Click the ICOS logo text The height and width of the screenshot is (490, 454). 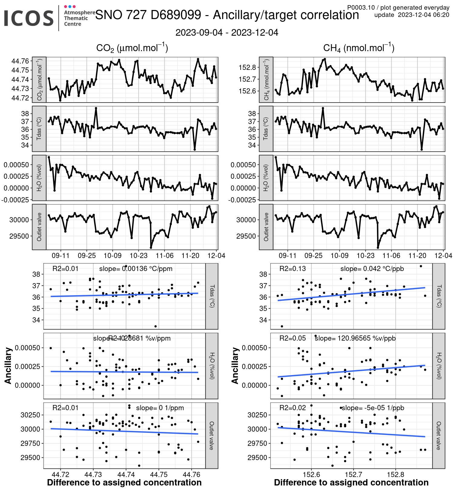coord(29,18)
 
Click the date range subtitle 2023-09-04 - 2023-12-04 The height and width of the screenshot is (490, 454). coord(227,32)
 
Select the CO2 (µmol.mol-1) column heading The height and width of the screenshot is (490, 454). coord(132,48)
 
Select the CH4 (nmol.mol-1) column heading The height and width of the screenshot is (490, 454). coord(359,48)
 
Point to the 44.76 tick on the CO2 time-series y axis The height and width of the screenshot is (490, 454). coord(20,61)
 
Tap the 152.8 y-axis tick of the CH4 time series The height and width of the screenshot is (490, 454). coord(247,67)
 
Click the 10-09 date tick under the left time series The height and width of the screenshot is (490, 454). coord(113,256)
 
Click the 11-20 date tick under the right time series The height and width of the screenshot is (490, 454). coord(417,256)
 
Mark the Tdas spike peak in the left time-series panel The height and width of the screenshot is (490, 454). coord(96,108)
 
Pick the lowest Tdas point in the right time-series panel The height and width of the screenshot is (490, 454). coord(422,149)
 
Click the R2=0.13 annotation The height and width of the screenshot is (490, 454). coord(292,269)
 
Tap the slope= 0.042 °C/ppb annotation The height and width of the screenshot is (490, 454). coord(372,269)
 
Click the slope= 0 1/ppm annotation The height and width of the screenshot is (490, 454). coord(160,408)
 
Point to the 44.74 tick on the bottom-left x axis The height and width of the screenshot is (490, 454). coord(126,474)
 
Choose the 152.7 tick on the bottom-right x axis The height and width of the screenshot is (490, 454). coord(354,474)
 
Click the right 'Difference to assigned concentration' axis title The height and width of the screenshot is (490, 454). coord(351,482)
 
